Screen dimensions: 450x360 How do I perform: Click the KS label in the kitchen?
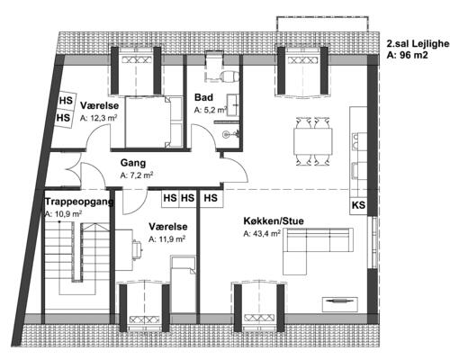[x=358, y=205]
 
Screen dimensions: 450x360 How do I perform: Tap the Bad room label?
[x=203, y=97]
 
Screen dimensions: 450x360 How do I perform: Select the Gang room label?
[x=133, y=163]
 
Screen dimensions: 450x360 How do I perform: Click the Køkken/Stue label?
[x=274, y=221]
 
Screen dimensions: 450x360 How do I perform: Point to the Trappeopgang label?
[x=79, y=202]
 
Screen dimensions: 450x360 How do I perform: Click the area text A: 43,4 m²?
[x=262, y=233]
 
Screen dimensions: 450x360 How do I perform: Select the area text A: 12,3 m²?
[x=98, y=118]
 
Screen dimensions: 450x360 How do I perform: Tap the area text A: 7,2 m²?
[x=137, y=175]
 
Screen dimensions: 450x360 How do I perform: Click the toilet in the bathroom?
[x=229, y=76]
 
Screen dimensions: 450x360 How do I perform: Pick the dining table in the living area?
[x=313, y=141]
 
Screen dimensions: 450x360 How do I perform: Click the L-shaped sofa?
[x=318, y=251]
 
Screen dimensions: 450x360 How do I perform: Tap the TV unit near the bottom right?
[x=340, y=304]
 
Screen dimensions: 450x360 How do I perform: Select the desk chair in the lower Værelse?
[x=138, y=249]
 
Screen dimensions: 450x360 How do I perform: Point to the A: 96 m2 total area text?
[x=407, y=55]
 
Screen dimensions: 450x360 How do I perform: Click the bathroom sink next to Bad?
[x=233, y=105]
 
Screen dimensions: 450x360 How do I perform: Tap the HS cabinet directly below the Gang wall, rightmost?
[x=211, y=198]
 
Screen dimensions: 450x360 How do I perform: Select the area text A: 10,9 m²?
[x=63, y=214]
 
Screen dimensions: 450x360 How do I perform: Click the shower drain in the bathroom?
[x=226, y=135]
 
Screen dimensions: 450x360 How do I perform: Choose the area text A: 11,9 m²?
[x=167, y=239]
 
